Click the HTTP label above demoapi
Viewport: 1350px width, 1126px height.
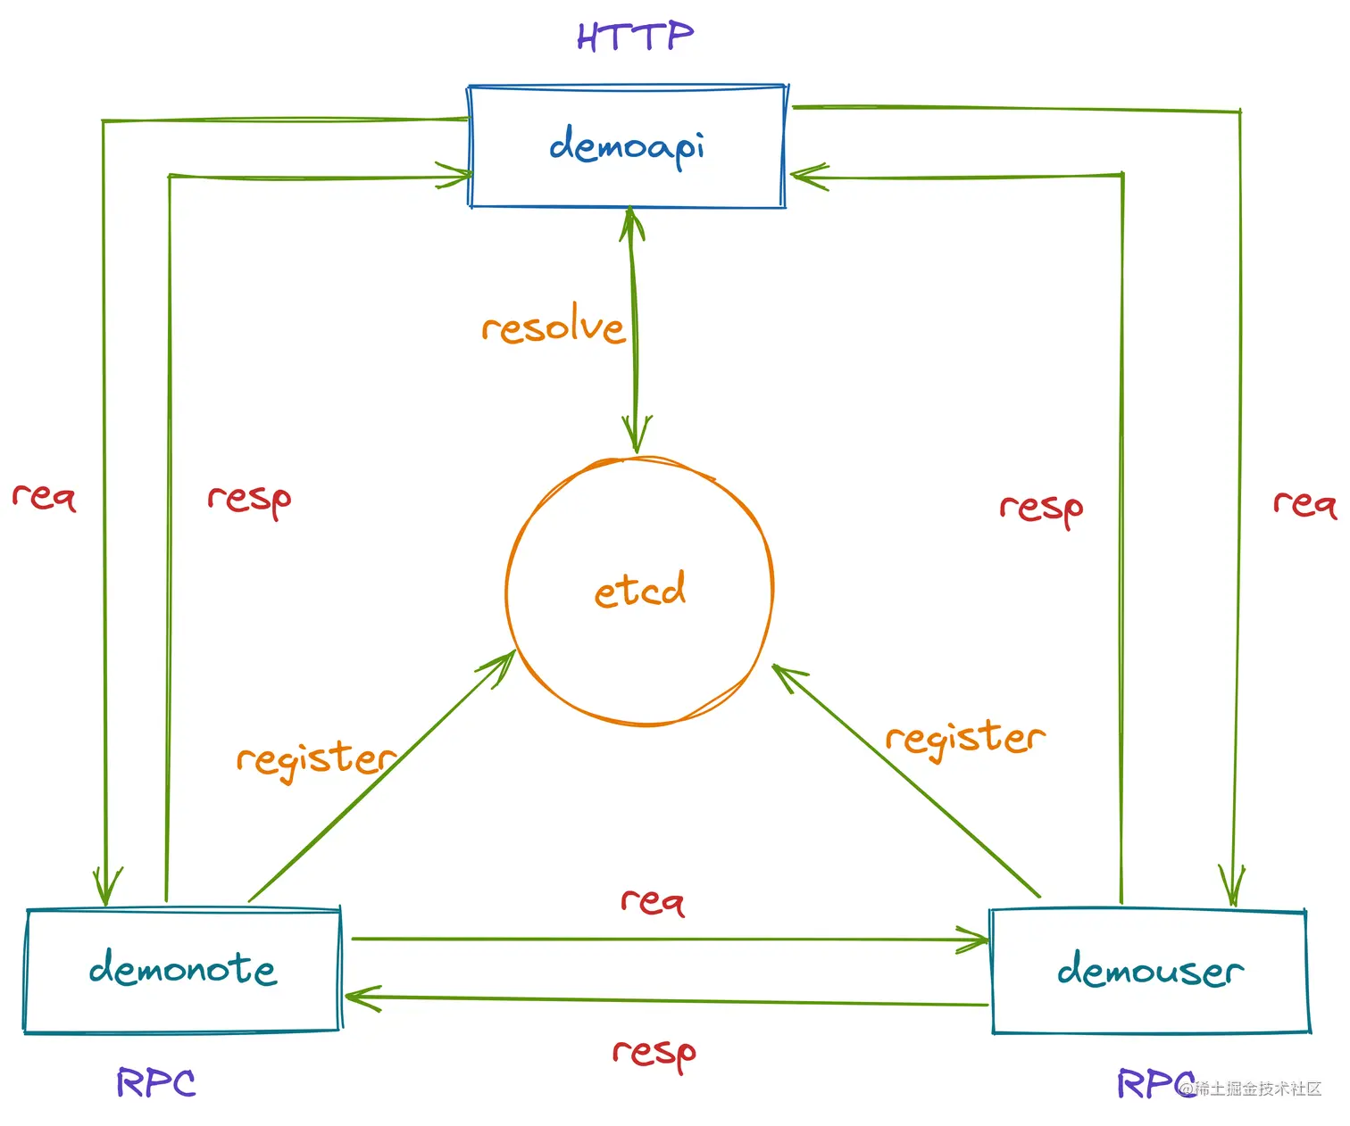point(635,37)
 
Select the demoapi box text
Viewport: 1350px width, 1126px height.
point(627,146)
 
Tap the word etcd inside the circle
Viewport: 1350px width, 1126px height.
point(640,590)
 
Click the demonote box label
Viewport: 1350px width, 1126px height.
point(183,969)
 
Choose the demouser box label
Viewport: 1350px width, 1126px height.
point(1150,971)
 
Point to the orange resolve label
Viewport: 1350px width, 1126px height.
point(553,327)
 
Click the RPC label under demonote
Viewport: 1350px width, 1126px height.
point(156,1083)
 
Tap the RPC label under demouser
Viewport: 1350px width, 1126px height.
point(1154,1084)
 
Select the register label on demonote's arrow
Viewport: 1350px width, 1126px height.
point(315,759)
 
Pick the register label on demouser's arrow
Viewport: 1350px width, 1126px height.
point(964,739)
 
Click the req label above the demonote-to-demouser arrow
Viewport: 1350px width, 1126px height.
point(653,901)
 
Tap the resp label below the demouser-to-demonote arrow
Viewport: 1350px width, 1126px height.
point(654,1054)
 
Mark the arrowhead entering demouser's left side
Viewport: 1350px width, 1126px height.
point(977,940)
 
